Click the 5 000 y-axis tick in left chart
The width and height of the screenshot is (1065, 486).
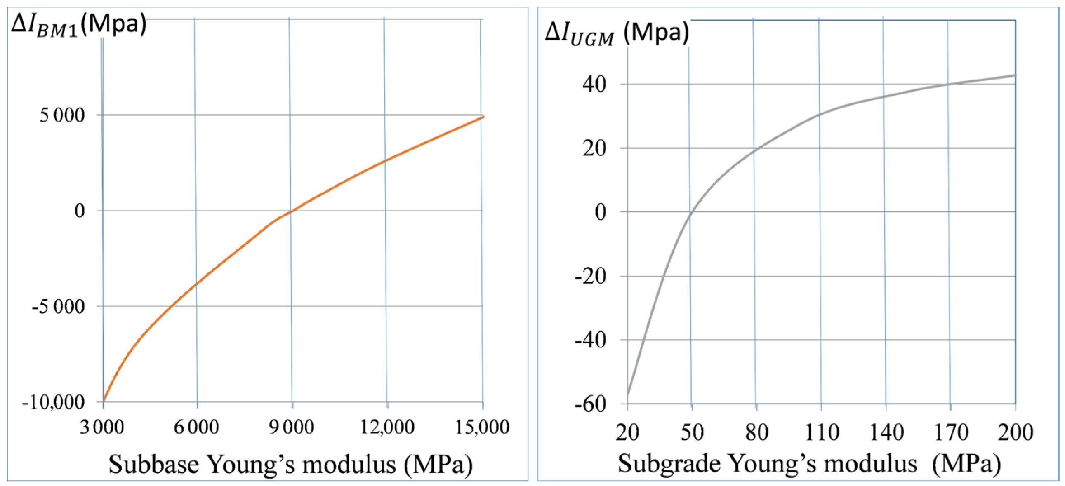coord(62,115)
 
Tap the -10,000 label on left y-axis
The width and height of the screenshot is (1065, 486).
coord(53,401)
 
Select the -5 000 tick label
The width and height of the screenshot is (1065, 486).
coord(58,307)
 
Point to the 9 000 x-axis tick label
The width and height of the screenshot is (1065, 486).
coord(292,427)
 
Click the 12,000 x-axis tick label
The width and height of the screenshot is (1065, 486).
coord(387,427)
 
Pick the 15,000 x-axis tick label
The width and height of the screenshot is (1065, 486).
coord(482,427)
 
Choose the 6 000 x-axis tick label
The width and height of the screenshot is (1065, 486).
coord(196,427)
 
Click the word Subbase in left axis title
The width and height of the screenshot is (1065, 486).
coord(153,464)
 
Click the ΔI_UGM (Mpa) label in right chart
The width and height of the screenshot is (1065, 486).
coord(616,33)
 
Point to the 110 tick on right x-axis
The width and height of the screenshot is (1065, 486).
coord(822,432)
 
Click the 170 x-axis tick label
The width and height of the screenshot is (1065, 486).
coord(951,432)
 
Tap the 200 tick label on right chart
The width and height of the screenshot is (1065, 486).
coord(1016,432)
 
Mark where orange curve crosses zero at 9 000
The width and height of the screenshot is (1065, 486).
coord(291,211)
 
